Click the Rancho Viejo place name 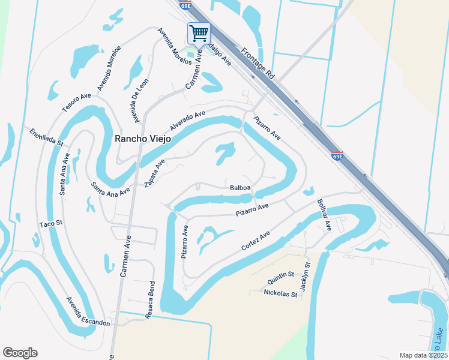[142, 139]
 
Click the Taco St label [51, 224]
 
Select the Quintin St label [281, 274]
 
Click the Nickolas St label [280, 294]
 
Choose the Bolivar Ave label [324, 215]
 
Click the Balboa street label [240, 188]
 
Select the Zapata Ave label [155, 173]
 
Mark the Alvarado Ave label [187, 121]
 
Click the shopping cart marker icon [199, 32]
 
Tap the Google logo [20, 353]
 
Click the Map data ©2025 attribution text [423, 355]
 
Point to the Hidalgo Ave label [219, 54]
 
